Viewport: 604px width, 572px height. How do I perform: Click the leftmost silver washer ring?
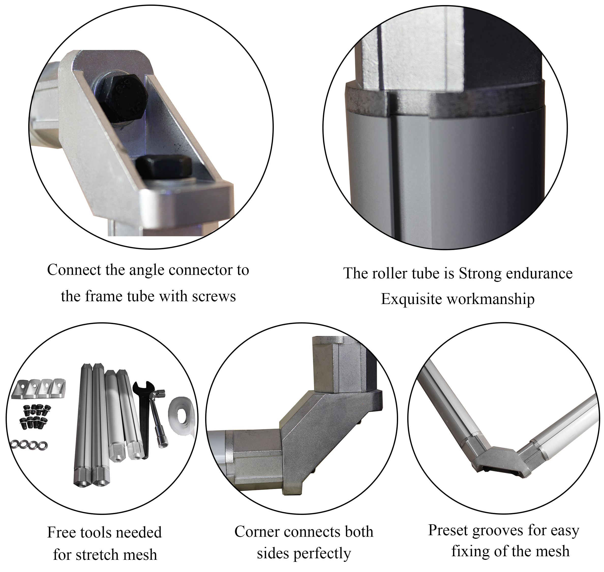(15, 444)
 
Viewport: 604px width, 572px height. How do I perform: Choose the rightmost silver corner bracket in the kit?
(58, 388)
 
